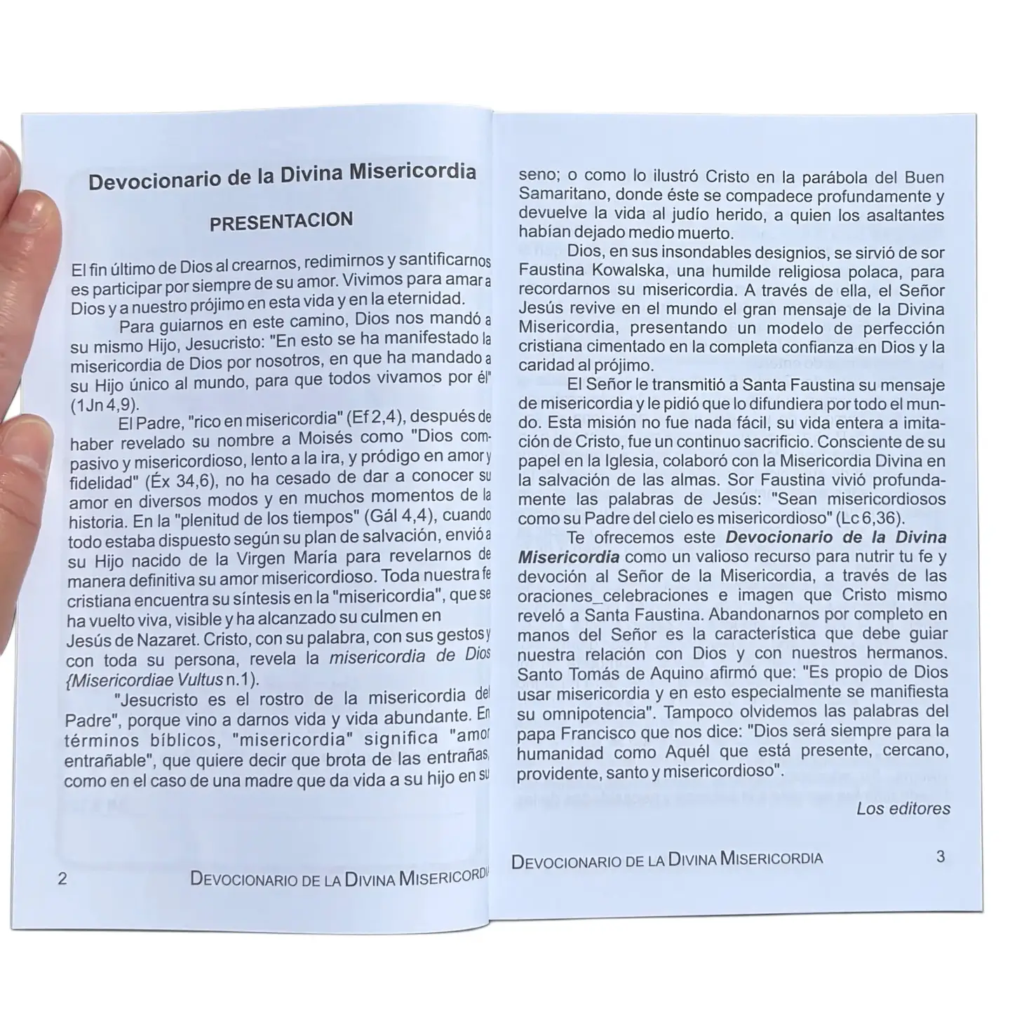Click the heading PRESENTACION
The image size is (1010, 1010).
click(x=281, y=222)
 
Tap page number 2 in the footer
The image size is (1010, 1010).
click(x=62, y=879)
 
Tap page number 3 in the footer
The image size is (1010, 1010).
click(x=941, y=856)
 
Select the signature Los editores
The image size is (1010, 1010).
click(x=903, y=809)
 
